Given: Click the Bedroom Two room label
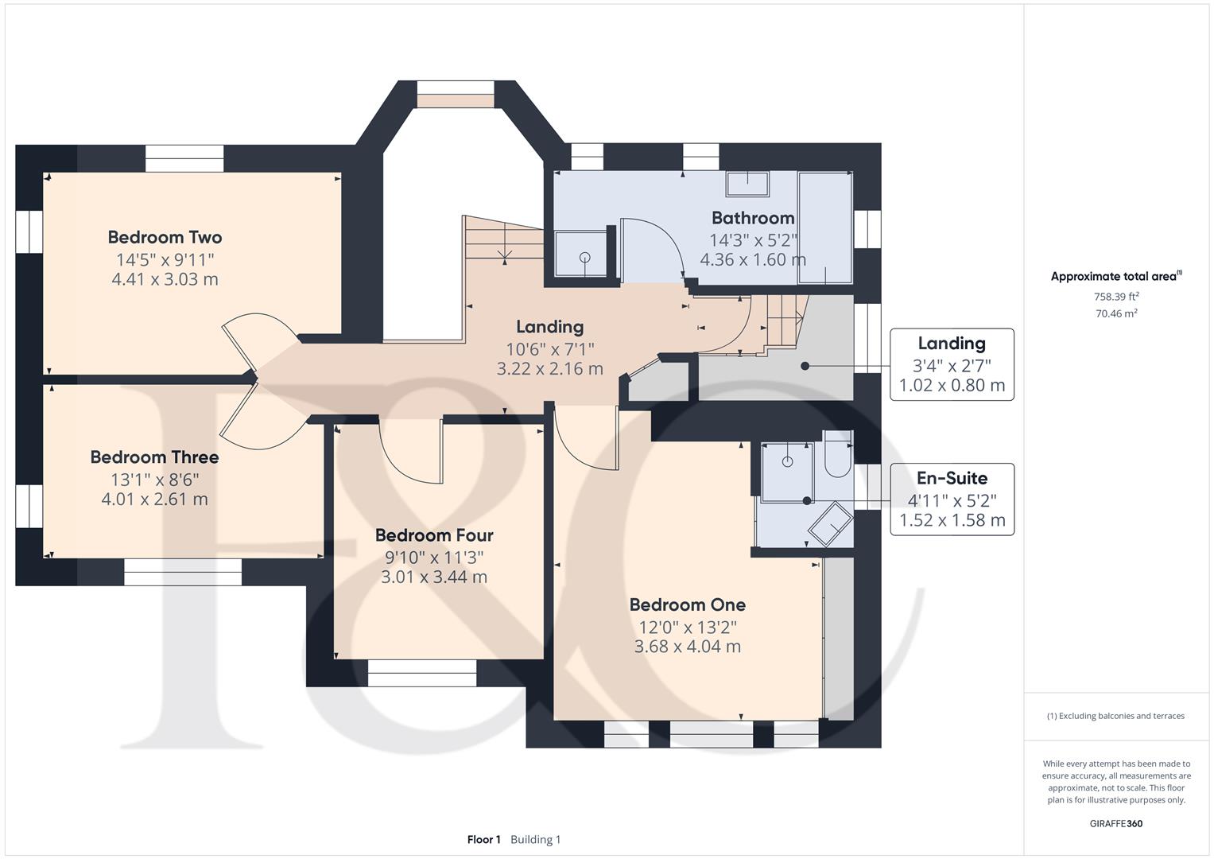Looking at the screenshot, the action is pyautogui.click(x=165, y=237).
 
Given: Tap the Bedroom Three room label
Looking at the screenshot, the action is pyautogui.click(x=154, y=457).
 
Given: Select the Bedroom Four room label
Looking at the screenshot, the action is pyautogui.click(x=434, y=535).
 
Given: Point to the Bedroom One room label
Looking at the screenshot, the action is pyautogui.click(x=687, y=604).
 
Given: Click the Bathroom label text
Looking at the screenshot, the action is pyautogui.click(x=753, y=218).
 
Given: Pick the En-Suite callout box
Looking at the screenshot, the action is pyautogui.click(x=952, y=499).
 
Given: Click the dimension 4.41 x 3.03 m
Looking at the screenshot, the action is pyautogui.click(x=165, y=279).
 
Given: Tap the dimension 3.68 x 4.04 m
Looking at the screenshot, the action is pyautogui.click(x=687, y=647).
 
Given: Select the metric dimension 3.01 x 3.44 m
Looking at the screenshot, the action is pyautogui.click(x=434, y=577).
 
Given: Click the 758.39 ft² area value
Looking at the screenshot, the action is pyautogui.click(x=1116, y=297).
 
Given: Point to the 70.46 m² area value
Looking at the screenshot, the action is pyautogui.click(x=1116, y=313).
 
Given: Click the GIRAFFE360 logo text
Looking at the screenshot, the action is pyautogui.click(x=1116, y=824).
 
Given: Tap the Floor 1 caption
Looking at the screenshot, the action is pyautogui.click(x=484, y=839).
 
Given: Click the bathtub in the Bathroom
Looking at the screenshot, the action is pyautogui.click(x=825, y=227).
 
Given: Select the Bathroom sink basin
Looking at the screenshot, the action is pyautogui.click(x=747, y=184).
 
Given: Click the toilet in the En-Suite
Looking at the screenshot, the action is pyautogui.click(x=838, y=454).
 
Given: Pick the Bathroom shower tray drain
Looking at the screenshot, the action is pyautogui.click(x=585, y=258).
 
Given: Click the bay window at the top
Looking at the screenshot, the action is pyautogui.click(x=456, y=95).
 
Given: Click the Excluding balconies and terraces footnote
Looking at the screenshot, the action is pyautogui.click(x=1116, y=716).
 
